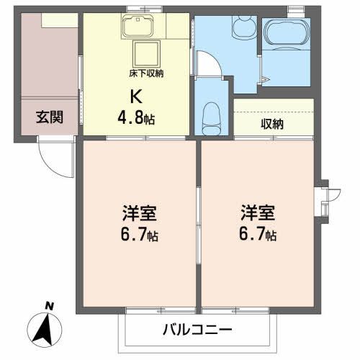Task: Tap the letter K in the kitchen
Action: [x=135, y=94]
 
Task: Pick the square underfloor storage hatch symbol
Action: [x=148, y=54]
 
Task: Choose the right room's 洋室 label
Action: [x=257, y=214]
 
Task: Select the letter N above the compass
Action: [x=50, y=305]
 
